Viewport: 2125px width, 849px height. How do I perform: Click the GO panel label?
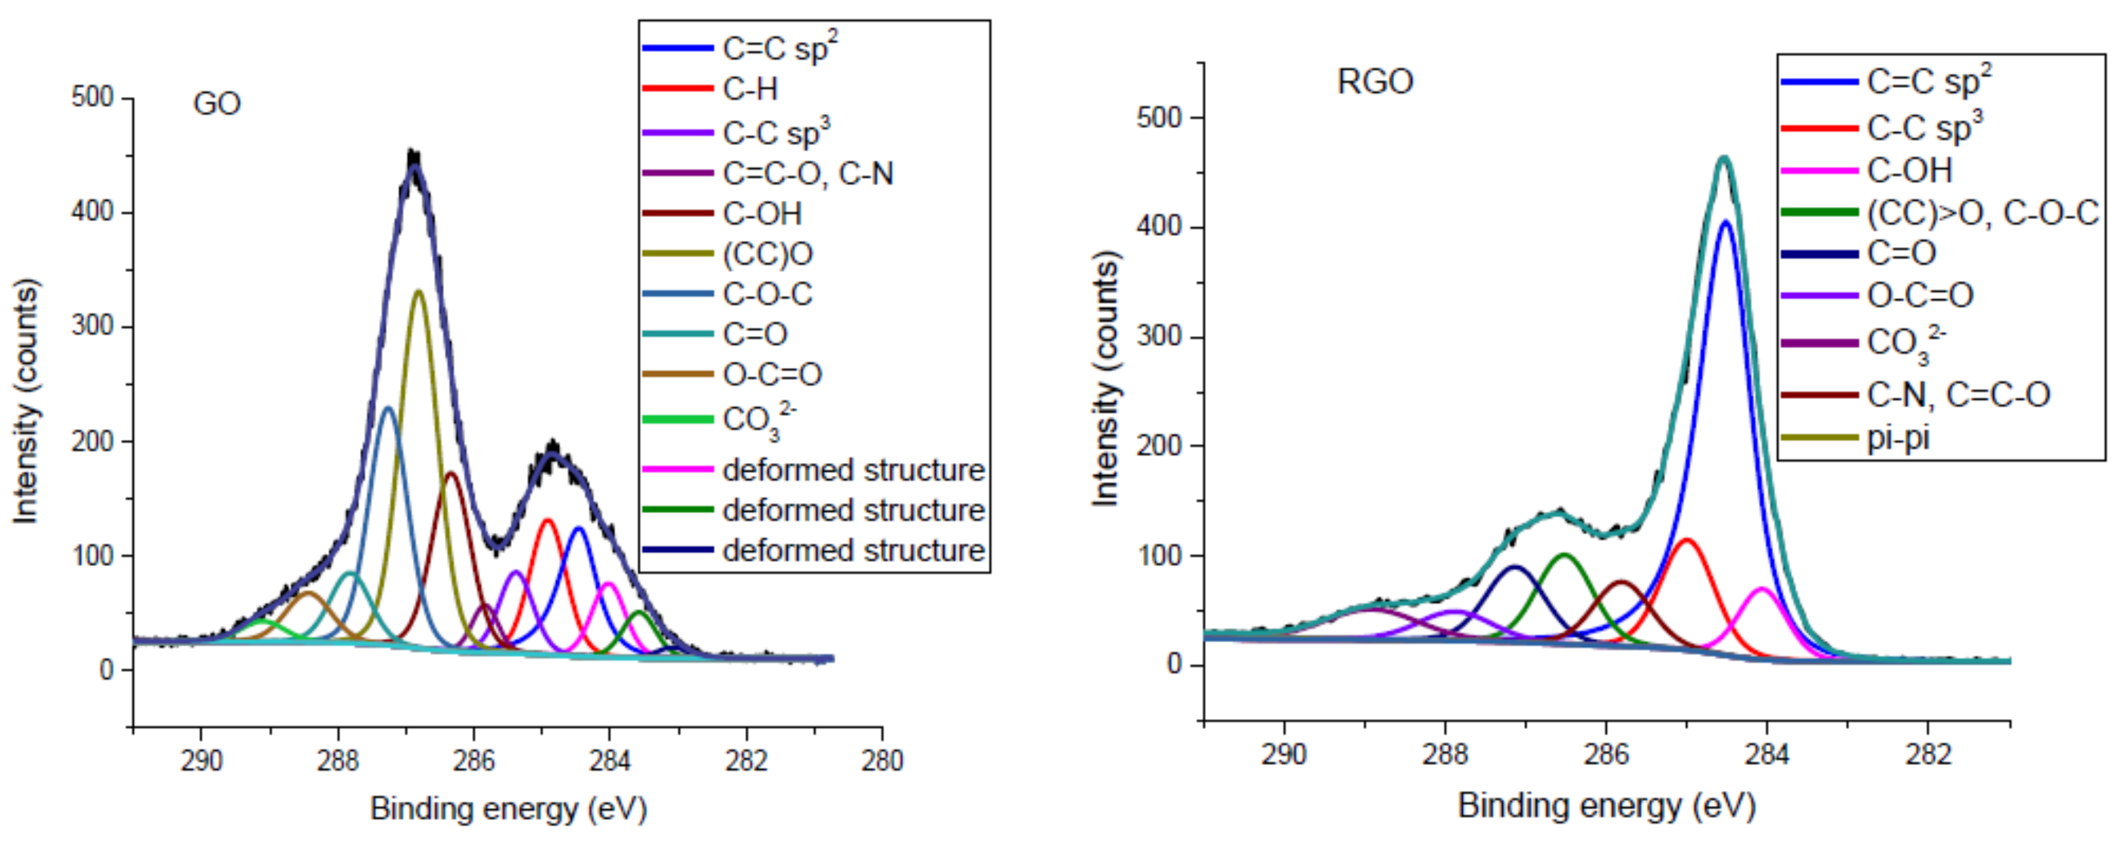coord(216,104)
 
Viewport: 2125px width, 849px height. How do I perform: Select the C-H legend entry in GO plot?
coord(749,89)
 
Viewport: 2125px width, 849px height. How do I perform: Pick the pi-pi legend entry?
coord(1898,438)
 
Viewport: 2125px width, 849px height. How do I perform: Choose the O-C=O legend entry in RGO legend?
coord(1919,295)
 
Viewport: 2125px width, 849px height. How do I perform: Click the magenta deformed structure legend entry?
coord(852,470)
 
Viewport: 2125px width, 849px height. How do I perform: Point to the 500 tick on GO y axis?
coord(92,98)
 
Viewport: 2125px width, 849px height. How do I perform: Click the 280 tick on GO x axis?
coord(882,760)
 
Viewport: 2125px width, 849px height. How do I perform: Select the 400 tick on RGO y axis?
coord(1158,227)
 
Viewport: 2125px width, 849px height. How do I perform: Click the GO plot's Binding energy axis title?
coord(508,809)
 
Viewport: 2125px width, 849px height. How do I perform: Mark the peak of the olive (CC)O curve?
coord(419,292)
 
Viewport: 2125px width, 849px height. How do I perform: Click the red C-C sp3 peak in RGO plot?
coord(1687,540)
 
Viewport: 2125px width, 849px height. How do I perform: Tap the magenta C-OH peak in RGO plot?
coord(1762,589)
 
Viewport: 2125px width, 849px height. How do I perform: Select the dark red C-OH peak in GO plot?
coord(450,473)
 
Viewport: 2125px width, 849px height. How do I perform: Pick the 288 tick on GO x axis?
coord(337,760)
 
